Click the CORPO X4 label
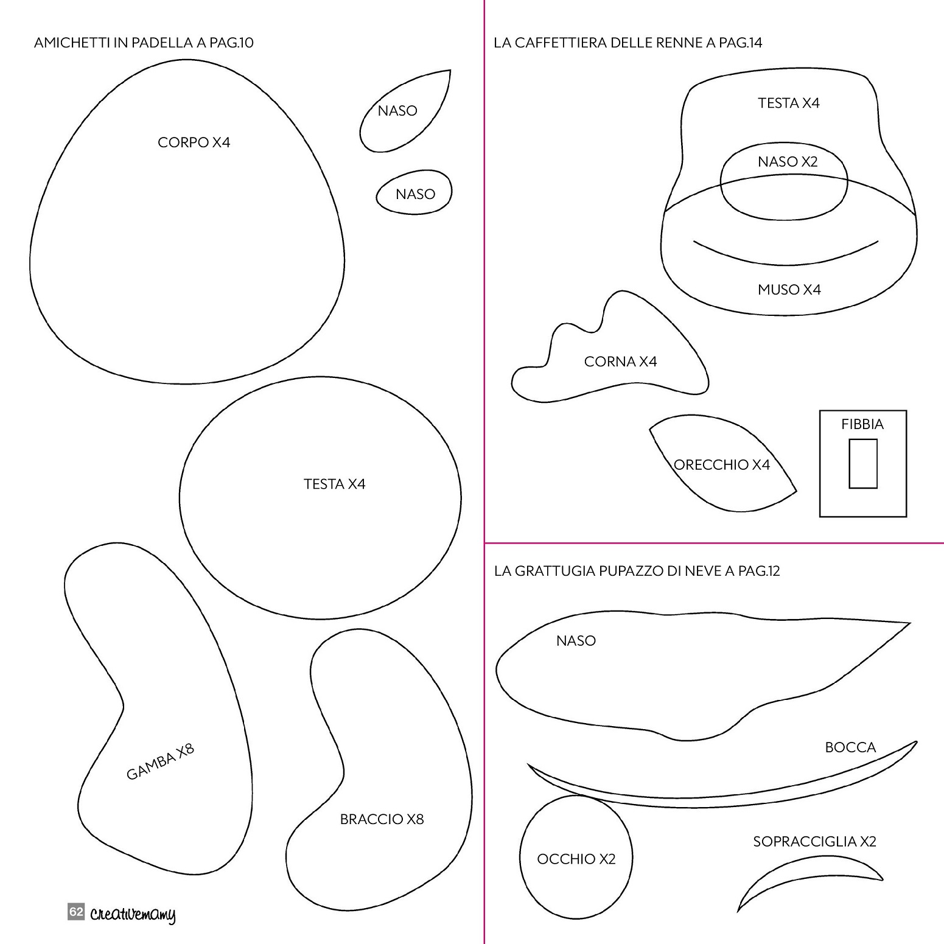pyautogui.click(x=194, y=142)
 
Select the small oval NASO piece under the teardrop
pyautogui.click(x=414, y=192)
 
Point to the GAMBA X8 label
pyautogui.click(x=160, y=761)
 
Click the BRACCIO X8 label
pyautogui.click(x=382, y=819)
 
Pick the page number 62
pyautogui.click(x=75, y=912)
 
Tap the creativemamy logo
pyautogui.click(x=133, y=915)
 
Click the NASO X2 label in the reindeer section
pyautogui.click(x=788, y=162)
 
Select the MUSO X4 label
pyautogui.click(x=789, y=290)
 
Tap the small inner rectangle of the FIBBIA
pyautogui.click(x=863, y=464)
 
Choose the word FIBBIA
pyautogui.click(x=862, y=424)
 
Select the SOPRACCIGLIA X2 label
pyautogui.click(x=814, y=842)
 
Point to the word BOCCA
pyautogui.click(x=850, y=747)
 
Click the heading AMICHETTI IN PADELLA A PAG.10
pyautogui.click(x=144, y=43)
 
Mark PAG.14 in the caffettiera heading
pyautogui.click(x=741, y=43)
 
